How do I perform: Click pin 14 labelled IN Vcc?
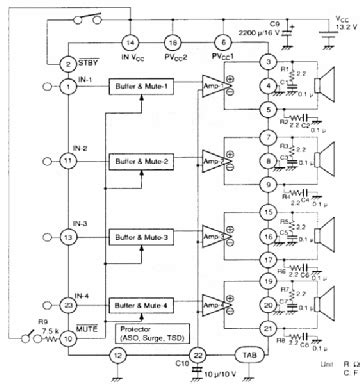tap(129, 43)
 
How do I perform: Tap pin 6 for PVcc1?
tap(222, 43)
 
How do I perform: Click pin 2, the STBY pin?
tap(68, 64)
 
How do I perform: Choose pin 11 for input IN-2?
tap(68, 160)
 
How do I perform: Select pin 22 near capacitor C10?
tap(199, 355)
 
